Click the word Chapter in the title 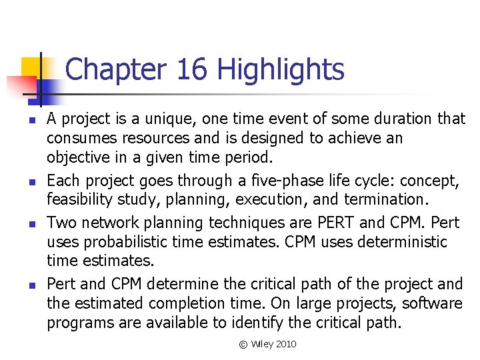tap(114, 69)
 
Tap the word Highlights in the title tap(281, 69)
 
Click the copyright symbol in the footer tap(243, 344)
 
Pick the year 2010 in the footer tap(285, 344)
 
